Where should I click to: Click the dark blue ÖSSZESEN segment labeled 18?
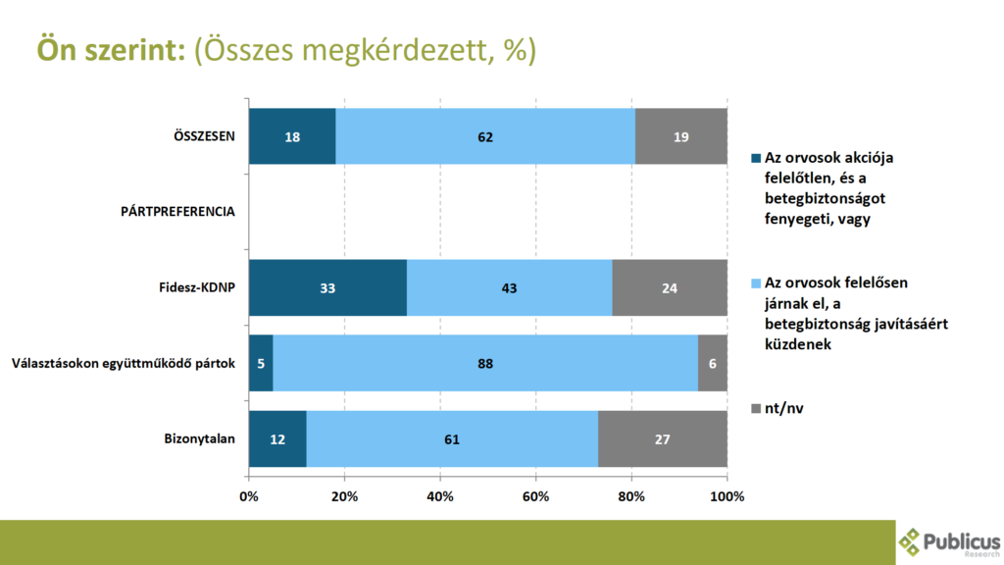(292, 136)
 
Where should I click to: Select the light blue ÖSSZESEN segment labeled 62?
(485, 136)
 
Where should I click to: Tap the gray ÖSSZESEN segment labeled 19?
(680, 136)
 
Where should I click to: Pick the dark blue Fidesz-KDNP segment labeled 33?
(327, 288)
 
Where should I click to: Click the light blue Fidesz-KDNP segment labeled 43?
(509, 288)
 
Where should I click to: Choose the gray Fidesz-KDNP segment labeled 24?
(670, 288)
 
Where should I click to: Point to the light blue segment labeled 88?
(485, 363)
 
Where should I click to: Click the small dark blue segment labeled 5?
(261, 363)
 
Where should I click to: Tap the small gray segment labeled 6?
(713, 363)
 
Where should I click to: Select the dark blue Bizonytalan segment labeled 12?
(277, 438)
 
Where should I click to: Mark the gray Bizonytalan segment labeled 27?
(663, 438)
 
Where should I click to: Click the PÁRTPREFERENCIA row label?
(177, 212)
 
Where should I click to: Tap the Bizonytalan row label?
(198, 438)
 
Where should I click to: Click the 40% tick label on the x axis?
(440, 496)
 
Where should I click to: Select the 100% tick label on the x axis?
(727, 496)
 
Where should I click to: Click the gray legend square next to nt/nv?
(754, 407)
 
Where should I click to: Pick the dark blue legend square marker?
(754, 158)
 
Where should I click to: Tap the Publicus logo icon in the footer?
(912, 541)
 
